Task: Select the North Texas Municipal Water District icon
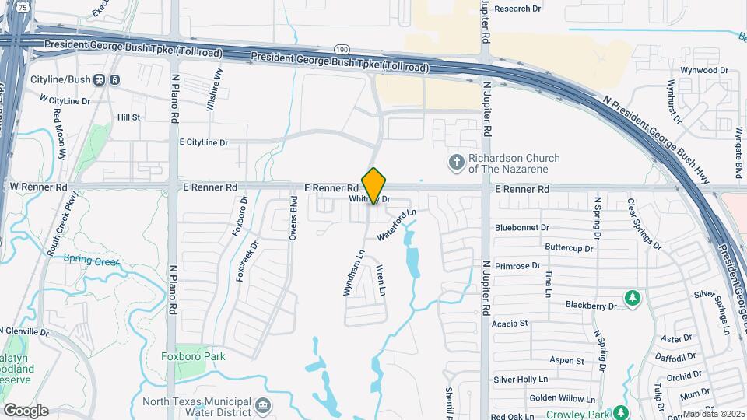point(263,404)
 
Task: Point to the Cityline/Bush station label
point(61,79)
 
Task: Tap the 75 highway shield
point(24,7)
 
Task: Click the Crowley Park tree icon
point(620,411)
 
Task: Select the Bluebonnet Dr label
point(522,228)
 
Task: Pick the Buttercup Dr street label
point(569,247)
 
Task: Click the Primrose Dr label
point(517,265)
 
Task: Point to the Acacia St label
point(510,323)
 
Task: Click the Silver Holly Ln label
point(521,380)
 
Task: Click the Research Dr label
point(517,9)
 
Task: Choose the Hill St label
point(128,117)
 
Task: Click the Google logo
point(26,410)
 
